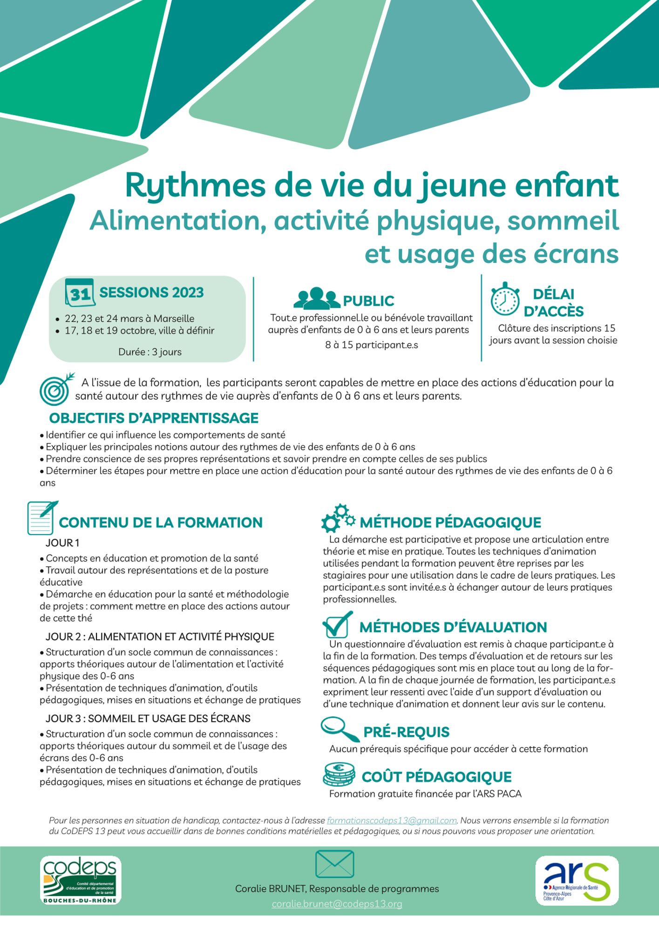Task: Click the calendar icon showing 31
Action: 80,293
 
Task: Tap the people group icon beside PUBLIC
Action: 317,299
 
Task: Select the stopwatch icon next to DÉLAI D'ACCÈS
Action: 505,299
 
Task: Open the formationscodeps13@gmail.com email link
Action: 392,821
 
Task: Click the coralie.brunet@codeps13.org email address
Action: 337,904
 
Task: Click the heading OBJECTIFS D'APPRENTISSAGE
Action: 154,418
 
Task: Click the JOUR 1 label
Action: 62,543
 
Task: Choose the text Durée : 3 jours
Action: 149,352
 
